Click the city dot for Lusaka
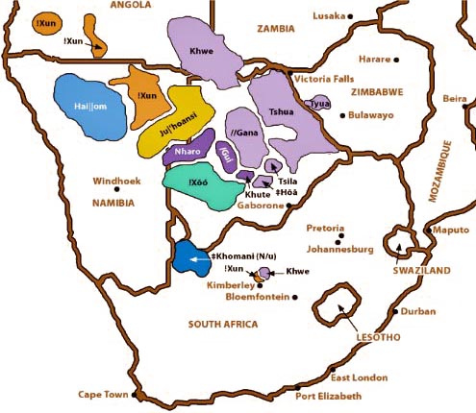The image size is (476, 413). click(350, 16)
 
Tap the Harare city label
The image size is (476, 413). click(373, 59)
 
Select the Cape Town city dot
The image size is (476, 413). click(138, 395)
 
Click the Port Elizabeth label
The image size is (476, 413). click(329, 397)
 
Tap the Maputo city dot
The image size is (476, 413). click(429, 231)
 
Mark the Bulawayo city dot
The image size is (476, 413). click(340, 115)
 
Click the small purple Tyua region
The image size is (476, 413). click(318, 104)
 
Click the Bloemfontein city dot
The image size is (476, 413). click(295, 297)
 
